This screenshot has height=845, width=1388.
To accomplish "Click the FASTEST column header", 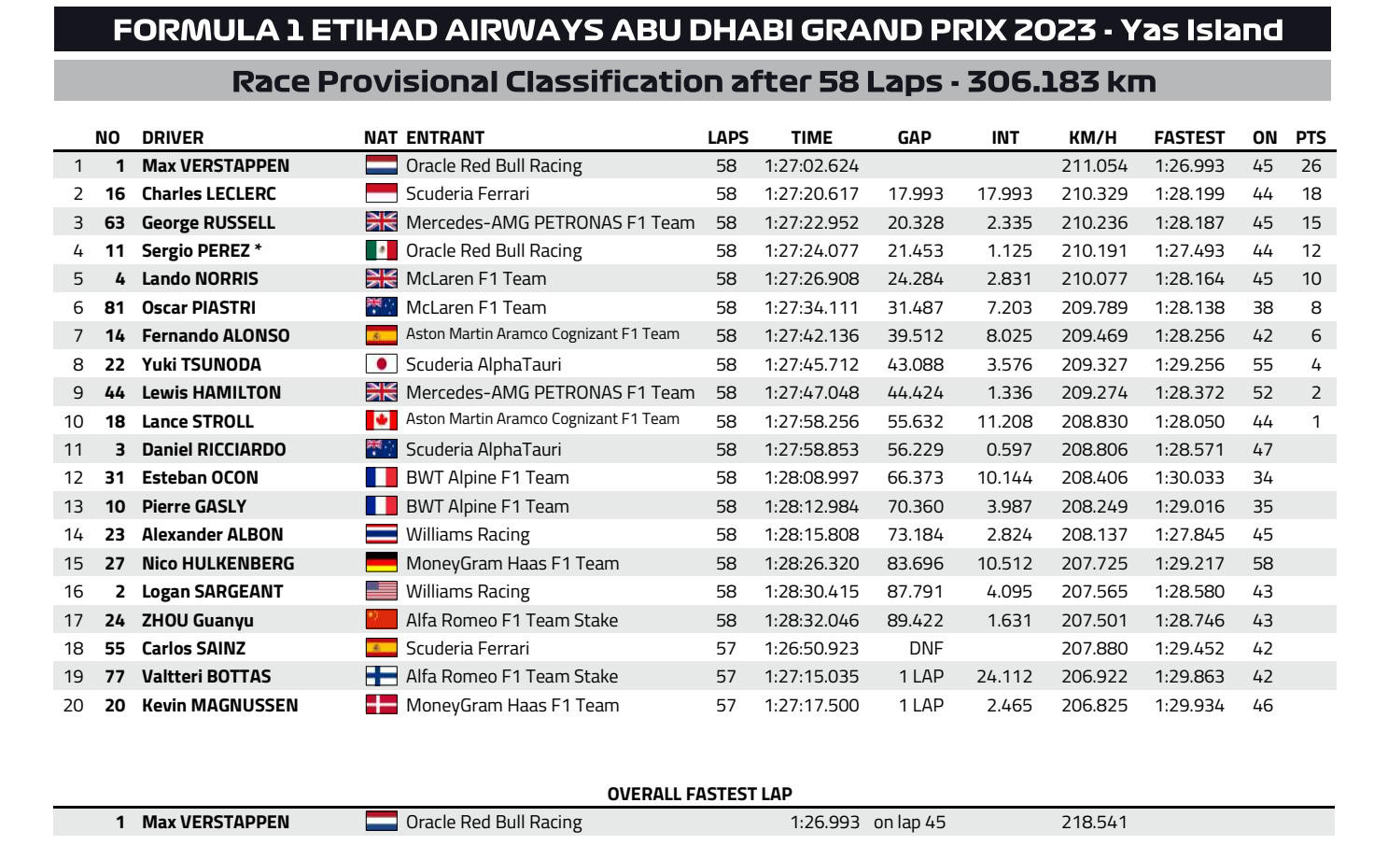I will [1188, 137].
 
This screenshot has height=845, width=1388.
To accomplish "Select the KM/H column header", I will [1092, 137].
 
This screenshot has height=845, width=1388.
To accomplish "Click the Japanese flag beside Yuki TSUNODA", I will [381, 364].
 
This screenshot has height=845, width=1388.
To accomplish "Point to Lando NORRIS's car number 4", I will [119, 279].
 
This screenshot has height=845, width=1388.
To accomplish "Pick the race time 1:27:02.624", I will [811, 166].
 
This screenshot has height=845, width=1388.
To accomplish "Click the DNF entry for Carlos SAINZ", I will [925, 648].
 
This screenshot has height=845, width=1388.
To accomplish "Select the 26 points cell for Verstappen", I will [1311, 166].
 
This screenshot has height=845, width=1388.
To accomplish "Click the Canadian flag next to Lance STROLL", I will [381, 421].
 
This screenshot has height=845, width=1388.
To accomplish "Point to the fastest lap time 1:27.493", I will [1188, 251].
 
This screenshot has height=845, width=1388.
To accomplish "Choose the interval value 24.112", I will [1004, 677].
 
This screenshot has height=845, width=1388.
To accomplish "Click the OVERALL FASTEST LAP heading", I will [699, 794].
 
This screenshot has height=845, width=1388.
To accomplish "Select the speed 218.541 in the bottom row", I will [1094, 823].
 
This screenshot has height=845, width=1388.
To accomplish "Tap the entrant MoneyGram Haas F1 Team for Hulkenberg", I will [512, 563].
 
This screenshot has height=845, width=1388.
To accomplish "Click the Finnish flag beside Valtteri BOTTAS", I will [381, 677].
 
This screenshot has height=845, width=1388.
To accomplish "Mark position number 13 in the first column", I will [74, 506].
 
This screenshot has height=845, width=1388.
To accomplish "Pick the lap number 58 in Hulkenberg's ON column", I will [1263, 563].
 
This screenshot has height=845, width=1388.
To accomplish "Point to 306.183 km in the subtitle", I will [1061, 81].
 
